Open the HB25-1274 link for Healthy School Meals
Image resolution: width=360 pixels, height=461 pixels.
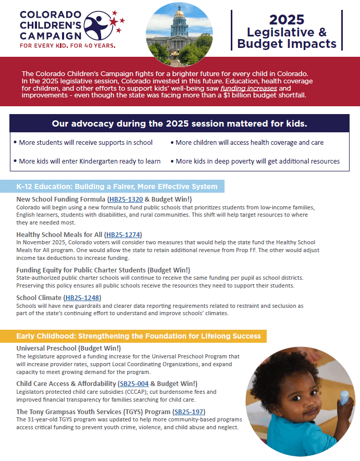coord(123,234)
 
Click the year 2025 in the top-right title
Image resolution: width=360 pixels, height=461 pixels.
coord(287,20)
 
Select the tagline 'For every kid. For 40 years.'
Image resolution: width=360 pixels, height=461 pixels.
coord(68,45)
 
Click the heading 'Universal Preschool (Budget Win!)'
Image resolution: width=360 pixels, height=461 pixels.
coord(69,348)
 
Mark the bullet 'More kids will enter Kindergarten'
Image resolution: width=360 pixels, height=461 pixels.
coord(89,161)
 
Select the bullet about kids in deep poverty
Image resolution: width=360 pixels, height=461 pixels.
coord(257,161)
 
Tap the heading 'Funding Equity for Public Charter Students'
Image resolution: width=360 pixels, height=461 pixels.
coord(103,270)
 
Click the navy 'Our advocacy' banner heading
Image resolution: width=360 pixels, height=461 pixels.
coord(179,124)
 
